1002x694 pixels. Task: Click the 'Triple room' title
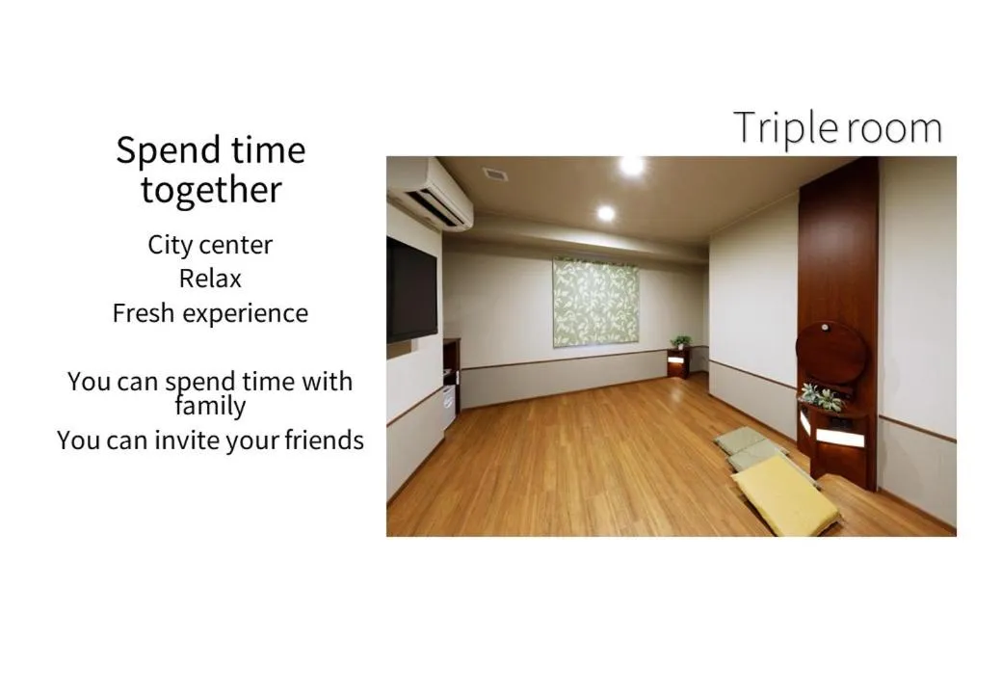pyautogui.click(x=837, y=128)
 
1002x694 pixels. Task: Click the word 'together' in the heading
pyautogui.click(x=211, y=189)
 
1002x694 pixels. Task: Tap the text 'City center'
pyautogui.click(x=210, y=245)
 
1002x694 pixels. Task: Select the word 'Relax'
pyautogui.click(x=210, y=279)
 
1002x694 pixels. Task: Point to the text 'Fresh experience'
pyautogui.click(x=210, y=313)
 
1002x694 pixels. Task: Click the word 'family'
pyautogui.click(x=210, y=406)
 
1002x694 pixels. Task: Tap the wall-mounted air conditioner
pyautogui.click(x=430, y=192)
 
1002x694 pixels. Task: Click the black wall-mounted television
pyautogui.click(x=411, y=289)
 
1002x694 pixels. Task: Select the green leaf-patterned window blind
pyautogui.click(x=594, y=302)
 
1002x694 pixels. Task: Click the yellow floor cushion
pyautogui.click(x=784, y=494)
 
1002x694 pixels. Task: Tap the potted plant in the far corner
pyautogui.click(x=681, y=342)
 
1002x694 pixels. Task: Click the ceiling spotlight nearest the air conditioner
pyautogui.click(x=605, y=213)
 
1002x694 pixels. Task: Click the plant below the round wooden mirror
pyautogui.click(x=820, y=396)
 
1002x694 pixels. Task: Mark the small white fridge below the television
pyautogui.click(x=449, y=406)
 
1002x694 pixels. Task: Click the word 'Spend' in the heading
pyautogui.click(x=162, y=150)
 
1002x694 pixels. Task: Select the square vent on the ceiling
pyautogui.click(x=495, y=174)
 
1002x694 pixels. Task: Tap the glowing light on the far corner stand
pyautogui.click(x=676, y=360)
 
